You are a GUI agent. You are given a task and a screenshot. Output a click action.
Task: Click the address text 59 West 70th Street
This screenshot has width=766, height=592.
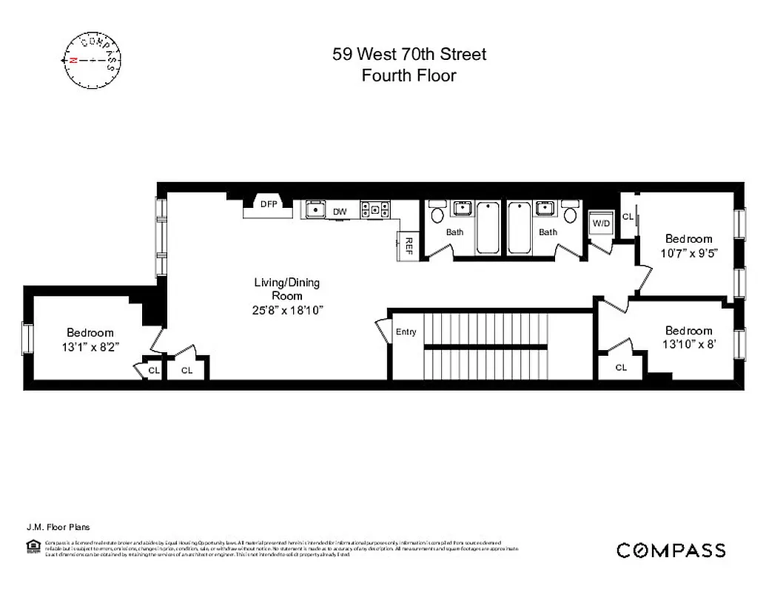pyautogui.click(x=409, y=55)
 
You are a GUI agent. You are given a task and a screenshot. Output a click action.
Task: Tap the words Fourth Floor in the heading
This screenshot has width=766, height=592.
pyautogui.click(x=409, y=75)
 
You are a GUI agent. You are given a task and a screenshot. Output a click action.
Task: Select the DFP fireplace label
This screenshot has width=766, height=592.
pyautogui.click(x=268, y=204)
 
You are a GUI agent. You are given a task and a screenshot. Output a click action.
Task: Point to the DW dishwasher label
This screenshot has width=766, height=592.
pyautogui.click(x=340, y=212)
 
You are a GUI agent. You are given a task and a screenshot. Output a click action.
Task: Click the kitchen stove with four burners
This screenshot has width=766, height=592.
pyautogui.click(x=374, y=209)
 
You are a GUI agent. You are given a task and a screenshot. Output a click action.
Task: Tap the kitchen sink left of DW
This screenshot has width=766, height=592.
pyautogui.click(x=316, y=209)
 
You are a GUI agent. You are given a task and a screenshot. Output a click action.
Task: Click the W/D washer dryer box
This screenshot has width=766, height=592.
pyautogui.click(x=600, y=223)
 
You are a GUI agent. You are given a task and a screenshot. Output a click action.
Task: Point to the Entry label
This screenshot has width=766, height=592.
pyautogui.click(x=406, y=332)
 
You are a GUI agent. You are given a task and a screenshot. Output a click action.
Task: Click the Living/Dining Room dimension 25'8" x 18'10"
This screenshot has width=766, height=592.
pyautogui.click(x=287, y=310)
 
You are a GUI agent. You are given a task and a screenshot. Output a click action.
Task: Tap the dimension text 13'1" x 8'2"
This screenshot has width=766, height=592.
pyautogui.click(x=90, y=346)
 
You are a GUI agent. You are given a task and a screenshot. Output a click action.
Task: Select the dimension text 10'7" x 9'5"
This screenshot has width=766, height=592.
pyautogui.click(x=688, y=252)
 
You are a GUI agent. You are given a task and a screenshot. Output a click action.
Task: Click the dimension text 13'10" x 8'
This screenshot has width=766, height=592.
pyautogui.click(x=688, y=343)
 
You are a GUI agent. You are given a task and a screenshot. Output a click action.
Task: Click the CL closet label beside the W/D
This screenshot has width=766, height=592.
pyautogui.click(x=628, y=217)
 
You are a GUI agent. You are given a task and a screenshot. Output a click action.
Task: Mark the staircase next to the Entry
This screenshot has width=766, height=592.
pyautogui.click(x=486, y=345)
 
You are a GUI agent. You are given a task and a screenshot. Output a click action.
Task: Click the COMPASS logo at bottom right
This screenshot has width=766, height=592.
pyautogui.click(x=671, y=550)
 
